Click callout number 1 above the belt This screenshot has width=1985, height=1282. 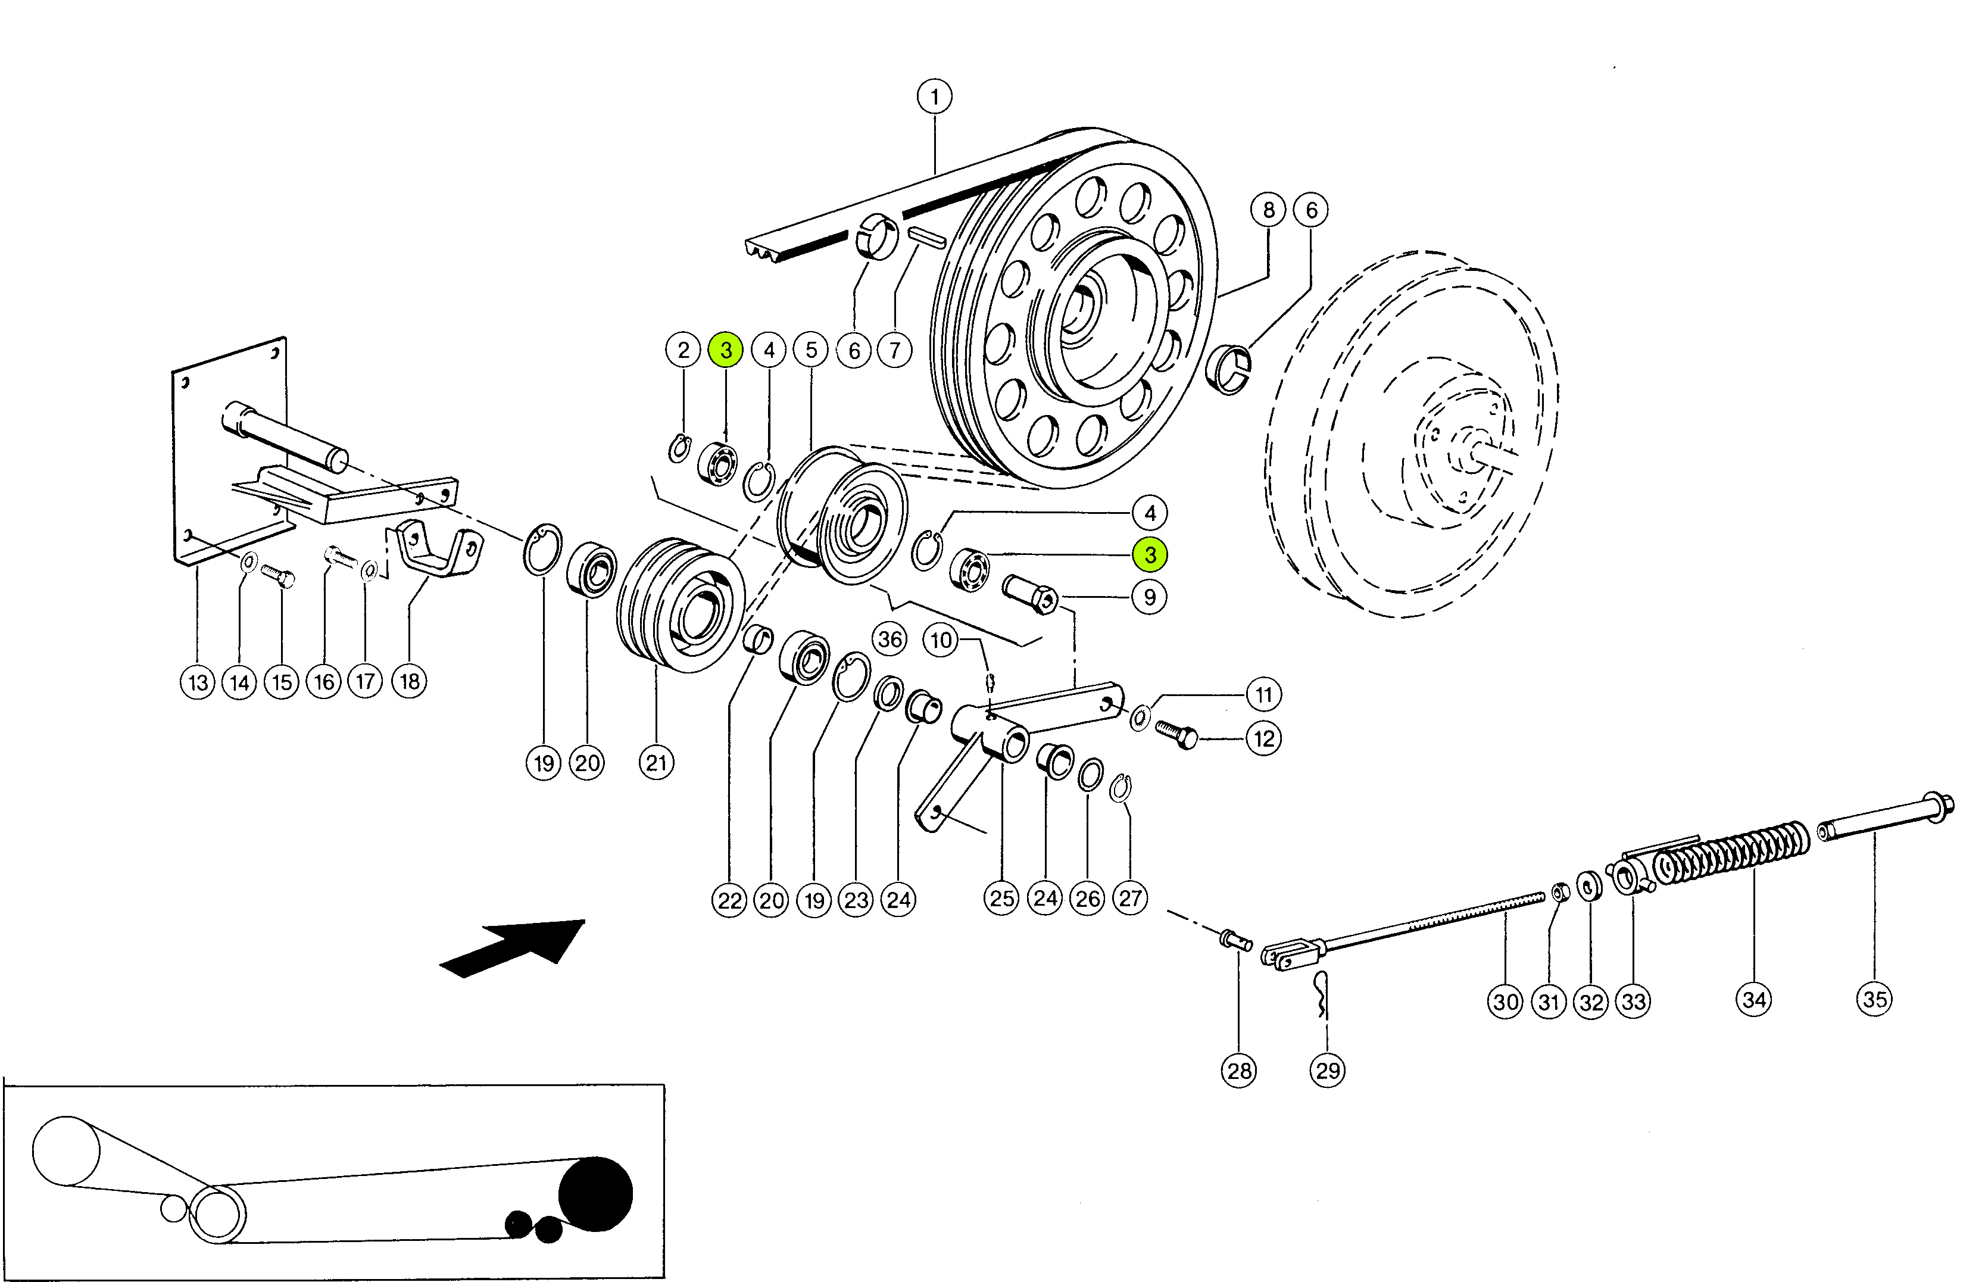click(935, 96)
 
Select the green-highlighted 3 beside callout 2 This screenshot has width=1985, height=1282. click(726, 351)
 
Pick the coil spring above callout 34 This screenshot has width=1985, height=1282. click(1731, 853)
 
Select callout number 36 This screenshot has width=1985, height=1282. click(889, 640)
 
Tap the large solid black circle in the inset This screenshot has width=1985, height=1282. click(595, 1194)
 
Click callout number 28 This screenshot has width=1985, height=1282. click(1239, 1071)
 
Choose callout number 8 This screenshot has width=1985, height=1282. click(1268, 210)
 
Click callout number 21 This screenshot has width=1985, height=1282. click(656, 763)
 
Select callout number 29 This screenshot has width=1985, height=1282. click(1328, 1071)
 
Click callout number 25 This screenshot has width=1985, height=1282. click(1002, 898)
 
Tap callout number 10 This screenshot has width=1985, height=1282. click(941, 640)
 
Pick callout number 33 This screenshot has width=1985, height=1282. click(1633, 1002)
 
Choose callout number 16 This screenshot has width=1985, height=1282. click(324, 682)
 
